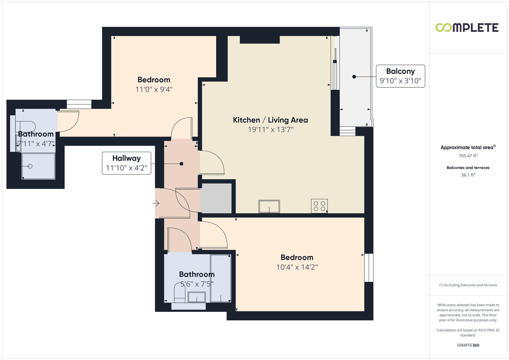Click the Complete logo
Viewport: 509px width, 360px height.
467,28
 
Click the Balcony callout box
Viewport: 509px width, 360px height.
400,76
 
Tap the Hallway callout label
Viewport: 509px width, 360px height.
126,163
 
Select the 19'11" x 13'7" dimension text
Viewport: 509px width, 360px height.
270,130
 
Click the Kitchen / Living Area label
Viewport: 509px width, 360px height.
270,120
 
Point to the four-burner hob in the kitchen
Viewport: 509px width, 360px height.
319,206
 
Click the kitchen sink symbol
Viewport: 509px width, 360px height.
269,206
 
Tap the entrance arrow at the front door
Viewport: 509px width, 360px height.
156,203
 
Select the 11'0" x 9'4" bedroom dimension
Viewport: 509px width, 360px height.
154,89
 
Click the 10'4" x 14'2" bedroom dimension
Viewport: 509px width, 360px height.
297,267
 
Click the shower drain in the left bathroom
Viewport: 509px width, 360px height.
30,166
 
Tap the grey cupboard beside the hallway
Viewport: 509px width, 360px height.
216,198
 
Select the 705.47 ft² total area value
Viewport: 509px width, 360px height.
468,156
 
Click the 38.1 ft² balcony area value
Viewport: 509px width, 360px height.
468,175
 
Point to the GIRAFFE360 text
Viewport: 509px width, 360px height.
468,345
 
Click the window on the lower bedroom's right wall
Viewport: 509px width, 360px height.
369,268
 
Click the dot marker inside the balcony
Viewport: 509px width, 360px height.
354,77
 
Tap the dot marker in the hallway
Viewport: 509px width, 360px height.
181,164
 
